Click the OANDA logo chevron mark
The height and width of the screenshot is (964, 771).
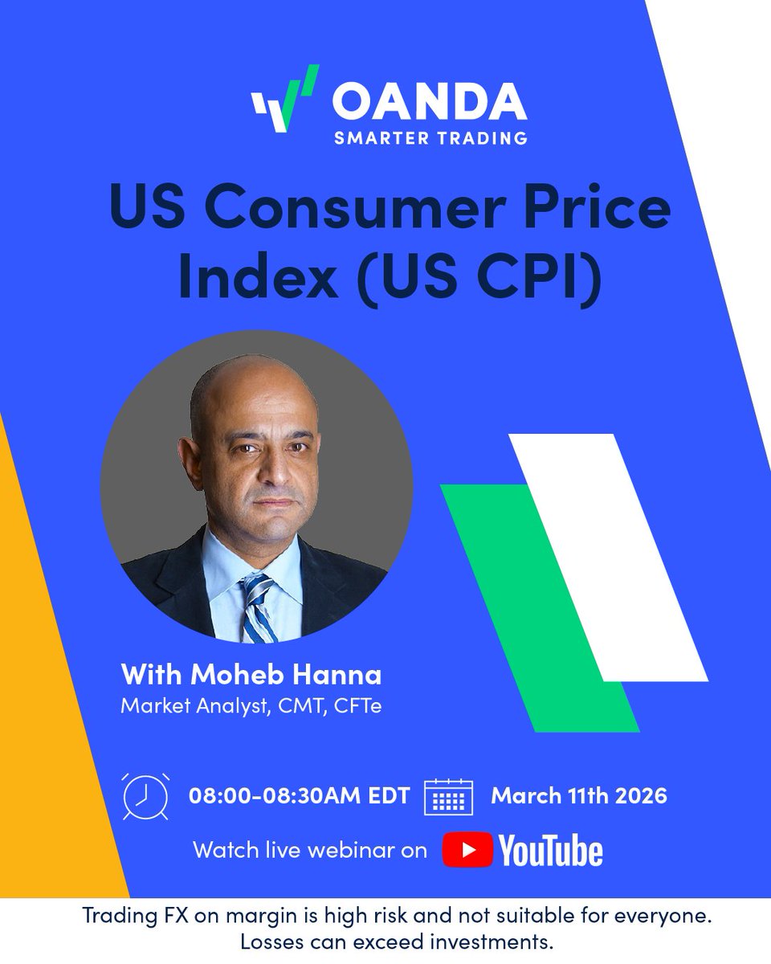[x=285, y=100]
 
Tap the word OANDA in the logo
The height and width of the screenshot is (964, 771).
[x=430, y=102]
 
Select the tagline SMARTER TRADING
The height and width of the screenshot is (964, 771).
[x=430, y=137]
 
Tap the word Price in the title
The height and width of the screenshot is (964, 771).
[x=605, y=206]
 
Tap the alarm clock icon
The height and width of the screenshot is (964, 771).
[x=145, y=796]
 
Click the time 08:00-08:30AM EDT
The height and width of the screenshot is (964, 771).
[x=299, y=796]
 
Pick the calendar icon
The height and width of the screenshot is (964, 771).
[x=448, y=798]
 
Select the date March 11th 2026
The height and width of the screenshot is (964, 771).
[x=579, y=796]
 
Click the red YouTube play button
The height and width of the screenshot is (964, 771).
[x=467, y=850]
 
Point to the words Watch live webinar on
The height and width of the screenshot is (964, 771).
[x=310, y=850]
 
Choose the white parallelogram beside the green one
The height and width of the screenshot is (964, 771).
[x=610, y=554]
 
